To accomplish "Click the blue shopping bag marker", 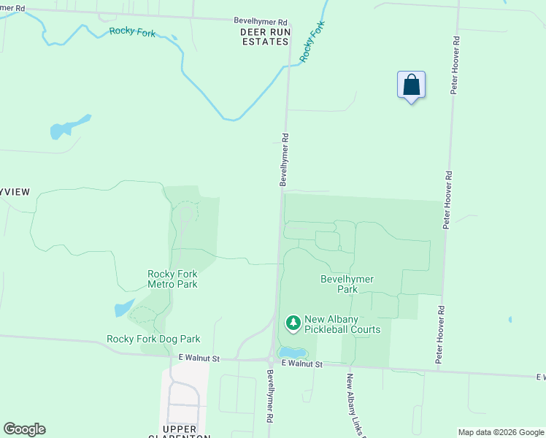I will pos(412,85).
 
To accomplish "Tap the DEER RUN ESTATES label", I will pos(265,36).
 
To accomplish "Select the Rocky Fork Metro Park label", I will pos(172,279).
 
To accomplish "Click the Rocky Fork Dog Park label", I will pos(153,339).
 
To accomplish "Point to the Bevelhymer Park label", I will pos(347,284).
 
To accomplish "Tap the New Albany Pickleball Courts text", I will pos(342,324).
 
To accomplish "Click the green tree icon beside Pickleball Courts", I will pos(293,322).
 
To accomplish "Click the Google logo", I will pos(24,429).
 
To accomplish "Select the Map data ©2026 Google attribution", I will pos(501,432).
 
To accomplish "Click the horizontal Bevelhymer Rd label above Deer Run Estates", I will pos(261,22).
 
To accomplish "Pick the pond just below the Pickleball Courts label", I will pos(293,353).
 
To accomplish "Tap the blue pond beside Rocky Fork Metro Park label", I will pos(123,308).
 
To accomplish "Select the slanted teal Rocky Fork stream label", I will pos(311,41).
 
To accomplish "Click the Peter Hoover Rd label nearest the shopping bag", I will pos(455,66).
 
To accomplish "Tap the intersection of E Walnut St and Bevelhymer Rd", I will pos(272,360).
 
